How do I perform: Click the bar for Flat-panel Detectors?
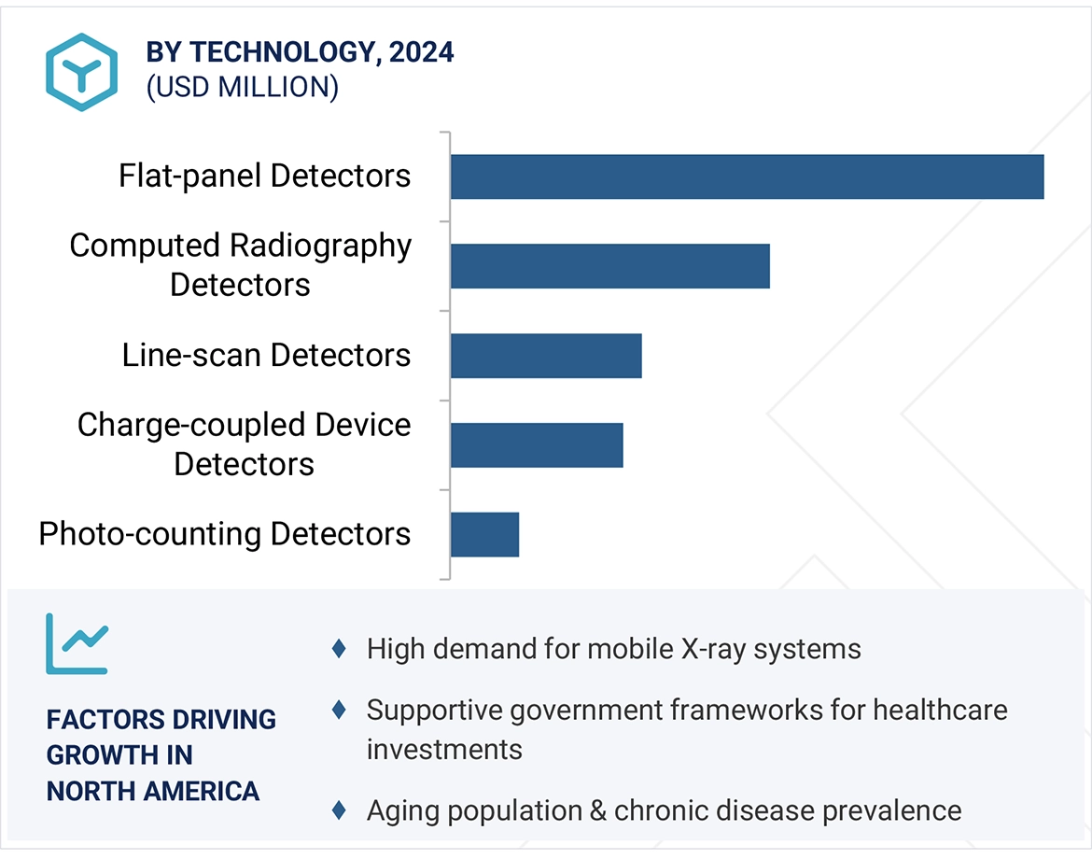pos(747,176)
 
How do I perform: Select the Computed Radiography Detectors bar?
pos(609,266)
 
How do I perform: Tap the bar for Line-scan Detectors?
pos(546,356)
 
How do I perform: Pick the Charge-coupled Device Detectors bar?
pos(537,444)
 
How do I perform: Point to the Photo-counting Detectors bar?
pos(484,534)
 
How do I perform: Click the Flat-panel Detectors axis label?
pos(264,176)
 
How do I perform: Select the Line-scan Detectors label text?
pos(266,355)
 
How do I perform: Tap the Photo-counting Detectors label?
pos(225,534)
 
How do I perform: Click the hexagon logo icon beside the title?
pos(81,73)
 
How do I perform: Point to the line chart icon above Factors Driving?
pos(77,643)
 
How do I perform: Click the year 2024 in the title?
pos(422,52)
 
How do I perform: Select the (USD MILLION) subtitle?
pos(242,87)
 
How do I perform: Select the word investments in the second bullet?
pos(444,749)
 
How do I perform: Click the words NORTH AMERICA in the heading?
pos(153,791)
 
